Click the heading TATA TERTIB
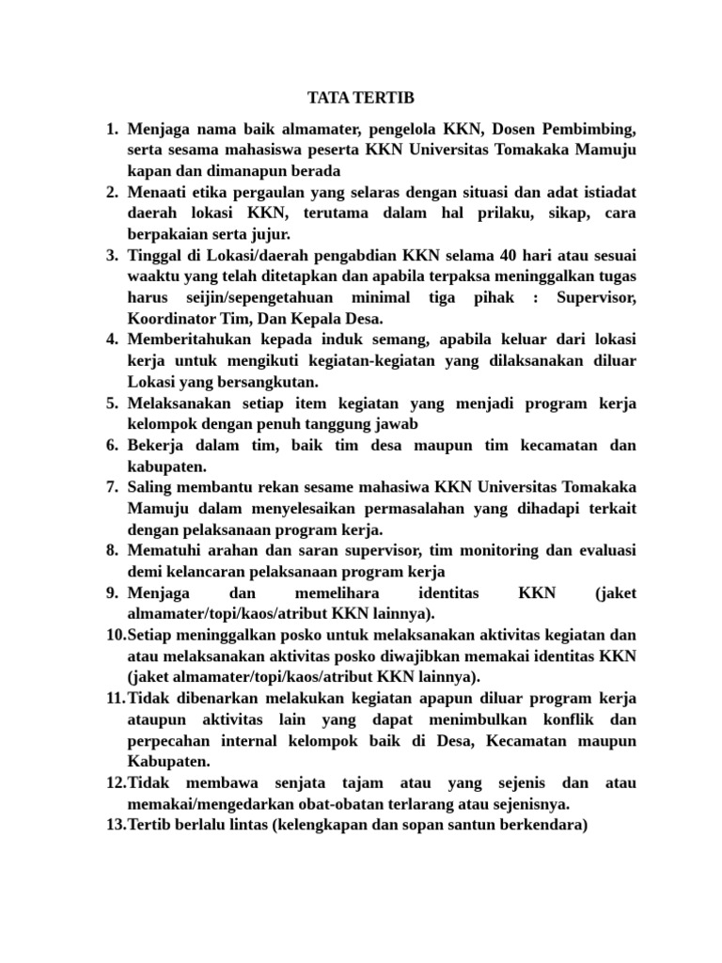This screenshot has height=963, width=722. pyautogui.click(x=360, y=99)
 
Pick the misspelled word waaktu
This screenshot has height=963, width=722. pyautogui.click(x=153, y=276)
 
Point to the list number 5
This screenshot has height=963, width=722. pyautogui.click(x=110, y=403)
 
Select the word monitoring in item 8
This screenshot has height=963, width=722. pyautogui.click(x=506, y=550)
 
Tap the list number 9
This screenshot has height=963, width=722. pyautogui.click(x=110, y=593)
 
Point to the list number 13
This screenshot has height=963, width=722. pyautogui.click(x=114, y=826)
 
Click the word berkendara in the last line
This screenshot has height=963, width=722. pyautogui.click(x=541, y=826)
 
